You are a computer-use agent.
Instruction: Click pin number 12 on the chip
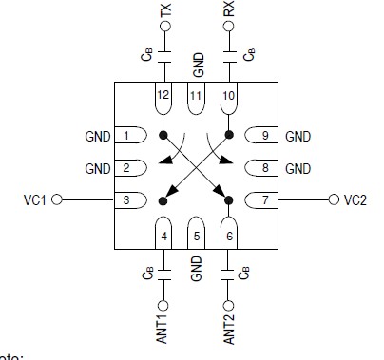tap(164, 97)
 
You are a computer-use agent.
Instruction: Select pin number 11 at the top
tap(197, 97)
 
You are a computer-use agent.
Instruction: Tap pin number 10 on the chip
tap(228, 97)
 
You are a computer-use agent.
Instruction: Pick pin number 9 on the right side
tap(265, 137)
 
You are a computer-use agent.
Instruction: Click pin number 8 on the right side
tap(265, 168)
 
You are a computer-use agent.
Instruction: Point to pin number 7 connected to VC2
tap(265, 200)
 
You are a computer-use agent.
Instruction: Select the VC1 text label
tap(36, 200)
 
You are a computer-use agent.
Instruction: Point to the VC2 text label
tap(355, 200)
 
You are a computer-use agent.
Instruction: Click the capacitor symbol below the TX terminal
tap(164, 55)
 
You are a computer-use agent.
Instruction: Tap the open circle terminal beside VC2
tap(334, 200)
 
